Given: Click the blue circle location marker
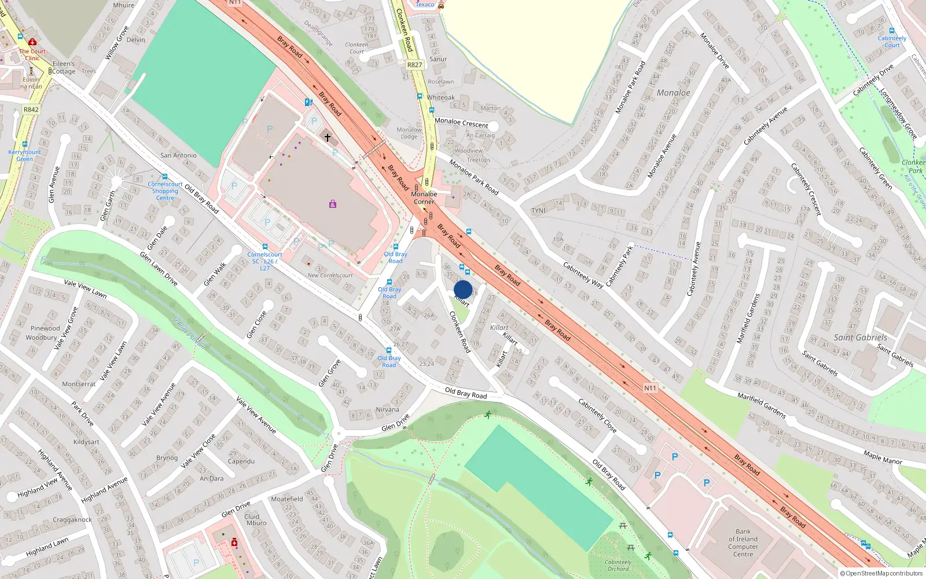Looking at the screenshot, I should pos(463,289).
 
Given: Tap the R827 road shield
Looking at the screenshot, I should pos(414,65).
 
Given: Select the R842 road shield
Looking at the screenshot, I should pos(31,109).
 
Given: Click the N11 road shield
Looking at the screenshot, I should pos(650,388).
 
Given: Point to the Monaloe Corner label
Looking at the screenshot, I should pos(424,198).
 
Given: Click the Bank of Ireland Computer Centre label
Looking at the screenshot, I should pos(743,543).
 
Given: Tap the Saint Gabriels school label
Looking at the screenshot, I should pos(860,338).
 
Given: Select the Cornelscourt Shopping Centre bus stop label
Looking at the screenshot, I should pos(165,191).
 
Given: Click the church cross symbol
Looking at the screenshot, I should pos(328,138).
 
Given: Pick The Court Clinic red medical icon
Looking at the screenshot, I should pos(32,42).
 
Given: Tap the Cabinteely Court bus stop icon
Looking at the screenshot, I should pos(891,31).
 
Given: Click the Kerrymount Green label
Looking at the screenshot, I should pos(24,155).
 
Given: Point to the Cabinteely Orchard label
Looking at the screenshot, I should pos(618,565).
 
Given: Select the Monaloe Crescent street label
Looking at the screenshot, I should pos(461,123).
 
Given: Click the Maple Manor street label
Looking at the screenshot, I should pos(883,457).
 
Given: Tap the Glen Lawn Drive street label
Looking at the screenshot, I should pos(159,268).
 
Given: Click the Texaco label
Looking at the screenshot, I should pos(425,5).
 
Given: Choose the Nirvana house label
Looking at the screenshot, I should pos(387,409).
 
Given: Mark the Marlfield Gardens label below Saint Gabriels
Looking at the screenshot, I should pos(761,405).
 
